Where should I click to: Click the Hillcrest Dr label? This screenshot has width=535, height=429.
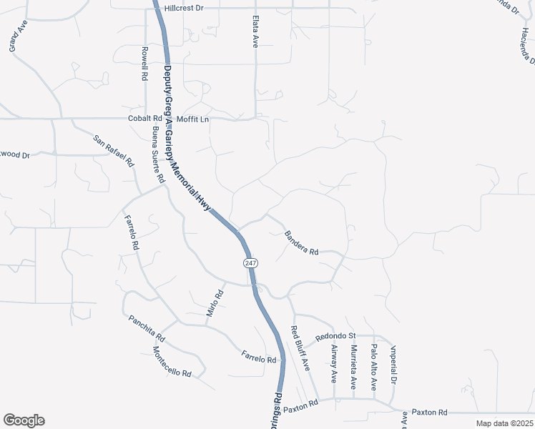[x=184, y=8]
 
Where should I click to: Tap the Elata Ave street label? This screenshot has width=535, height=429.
[x=255, y=33]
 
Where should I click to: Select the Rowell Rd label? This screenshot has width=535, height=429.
[x=144, y=64]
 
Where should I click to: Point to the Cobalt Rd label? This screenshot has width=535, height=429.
[x=145, y=119]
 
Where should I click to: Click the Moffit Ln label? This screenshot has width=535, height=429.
[x=193, y=119]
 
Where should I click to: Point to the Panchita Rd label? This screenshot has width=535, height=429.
[x=147, y=327]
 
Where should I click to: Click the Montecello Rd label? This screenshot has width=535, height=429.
[x=172, y=363]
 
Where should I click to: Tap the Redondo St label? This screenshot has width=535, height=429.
[x=335, y=335]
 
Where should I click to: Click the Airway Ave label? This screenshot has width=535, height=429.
[x=333, y=362]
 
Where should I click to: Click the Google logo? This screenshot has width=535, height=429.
[x=24, y=420]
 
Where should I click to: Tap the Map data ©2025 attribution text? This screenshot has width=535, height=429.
[x=504, y=423]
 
